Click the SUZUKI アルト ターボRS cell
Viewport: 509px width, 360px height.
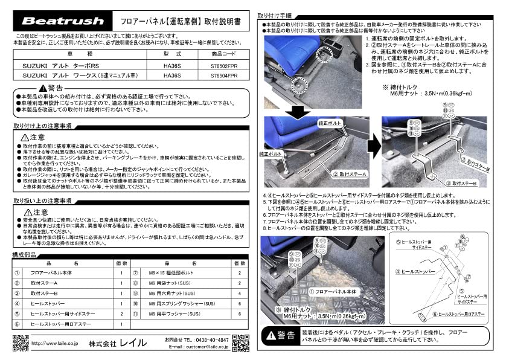[x=57, y=65]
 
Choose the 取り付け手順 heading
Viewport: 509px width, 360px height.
[x=275, y=15]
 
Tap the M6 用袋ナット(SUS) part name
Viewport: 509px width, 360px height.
[x=176, y=283]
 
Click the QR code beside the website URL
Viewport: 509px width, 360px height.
[x=20, y=342]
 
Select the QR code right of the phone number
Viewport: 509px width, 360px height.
[x=240, y=342]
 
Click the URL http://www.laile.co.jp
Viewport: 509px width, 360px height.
[x=54, y=344]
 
